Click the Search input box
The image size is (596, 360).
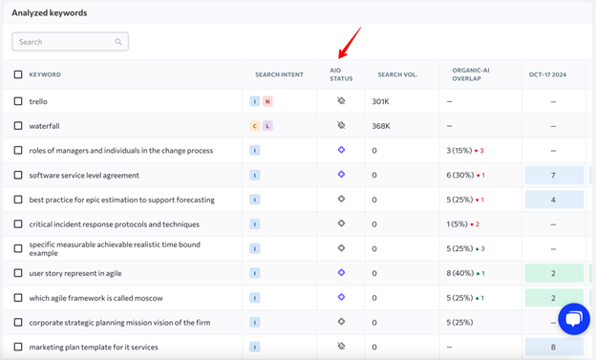coord(70,42)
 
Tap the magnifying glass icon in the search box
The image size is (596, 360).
coord(118,42)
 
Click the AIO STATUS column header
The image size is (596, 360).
coord(341,74)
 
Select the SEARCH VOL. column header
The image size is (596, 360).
coord(397,74)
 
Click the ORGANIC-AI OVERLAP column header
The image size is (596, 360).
coord(471,74)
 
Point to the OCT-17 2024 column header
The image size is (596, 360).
coord(547,74)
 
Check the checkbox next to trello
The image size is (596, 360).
coord(18,101)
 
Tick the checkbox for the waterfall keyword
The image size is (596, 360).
coord(18,126)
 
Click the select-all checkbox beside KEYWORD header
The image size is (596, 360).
coord(18,74)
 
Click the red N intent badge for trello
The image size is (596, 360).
coord(267,101)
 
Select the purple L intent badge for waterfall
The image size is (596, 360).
coord(267,126)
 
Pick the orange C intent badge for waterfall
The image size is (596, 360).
coord(255,126)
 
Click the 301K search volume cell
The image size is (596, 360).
coord(380,101)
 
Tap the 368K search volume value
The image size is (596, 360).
coord(381,126)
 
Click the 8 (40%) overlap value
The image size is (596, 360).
coord(460,273)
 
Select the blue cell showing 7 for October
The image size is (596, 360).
coord(554,175)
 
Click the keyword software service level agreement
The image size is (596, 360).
coord(84,176)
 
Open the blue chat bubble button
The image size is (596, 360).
coord(574,319)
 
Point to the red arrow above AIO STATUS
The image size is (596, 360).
coord(350,43)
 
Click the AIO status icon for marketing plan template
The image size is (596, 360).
coord(341,346)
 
